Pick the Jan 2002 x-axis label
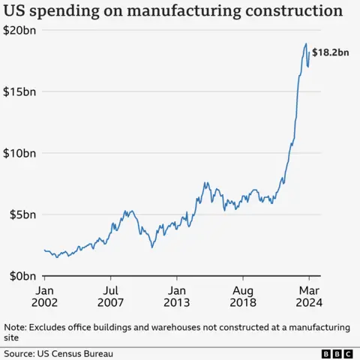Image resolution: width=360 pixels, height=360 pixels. (x=44, y=295)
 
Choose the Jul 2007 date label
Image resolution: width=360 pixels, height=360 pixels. (x=110, y=295)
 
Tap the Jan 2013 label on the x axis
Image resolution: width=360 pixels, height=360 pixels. (x=176, y=295)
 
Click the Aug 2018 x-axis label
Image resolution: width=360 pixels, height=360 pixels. (x=243, y=295)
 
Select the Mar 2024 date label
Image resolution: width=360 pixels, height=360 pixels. (x=309, y=295)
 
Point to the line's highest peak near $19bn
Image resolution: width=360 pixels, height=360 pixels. (x=306, y=44)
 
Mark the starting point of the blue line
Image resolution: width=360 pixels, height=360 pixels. (x=44, y=250)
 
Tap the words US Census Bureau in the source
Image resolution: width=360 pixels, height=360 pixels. (x=76, y=352)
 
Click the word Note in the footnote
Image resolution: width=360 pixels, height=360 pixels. (x=14, y=327)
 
